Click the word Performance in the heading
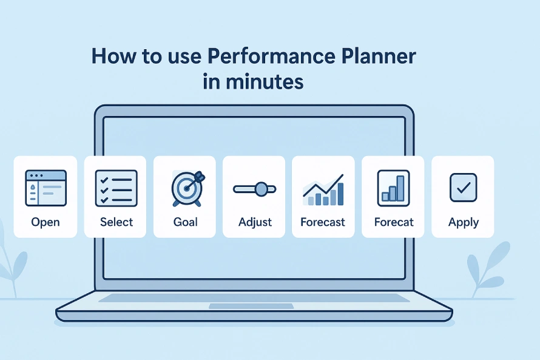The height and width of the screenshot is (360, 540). (271, 56)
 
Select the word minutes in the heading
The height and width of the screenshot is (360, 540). (265, 81)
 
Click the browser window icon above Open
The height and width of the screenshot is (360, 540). (46, 188)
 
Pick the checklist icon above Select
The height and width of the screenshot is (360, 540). (116, 188)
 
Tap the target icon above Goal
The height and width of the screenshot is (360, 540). (187, 189)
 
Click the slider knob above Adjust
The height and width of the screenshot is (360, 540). (262, 189)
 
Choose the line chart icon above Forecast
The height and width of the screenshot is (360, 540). (323, 190)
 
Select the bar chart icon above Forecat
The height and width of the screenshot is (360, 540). (394, 188)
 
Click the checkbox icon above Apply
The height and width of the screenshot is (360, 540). (464, 188)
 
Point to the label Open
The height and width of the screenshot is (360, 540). (46, 222)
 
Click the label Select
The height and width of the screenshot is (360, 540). (116, 222)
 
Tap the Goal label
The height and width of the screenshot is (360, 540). (185, 222)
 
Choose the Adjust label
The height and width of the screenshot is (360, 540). (255, 222)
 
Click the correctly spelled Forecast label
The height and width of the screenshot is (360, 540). (323, 222)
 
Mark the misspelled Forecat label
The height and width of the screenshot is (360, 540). (394, 222)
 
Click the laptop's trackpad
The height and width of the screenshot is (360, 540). (251, 306)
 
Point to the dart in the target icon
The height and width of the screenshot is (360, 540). (196, 181)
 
